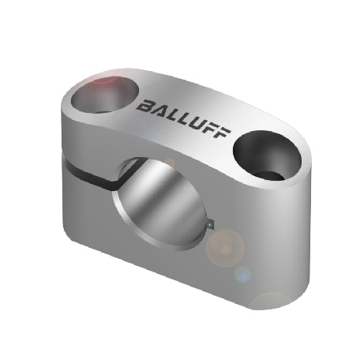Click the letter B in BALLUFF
click(144, 106)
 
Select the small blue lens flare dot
click(242, 275)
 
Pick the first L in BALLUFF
click(170, 114)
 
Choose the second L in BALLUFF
click(182, 117)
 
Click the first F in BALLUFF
click(210, 126)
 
